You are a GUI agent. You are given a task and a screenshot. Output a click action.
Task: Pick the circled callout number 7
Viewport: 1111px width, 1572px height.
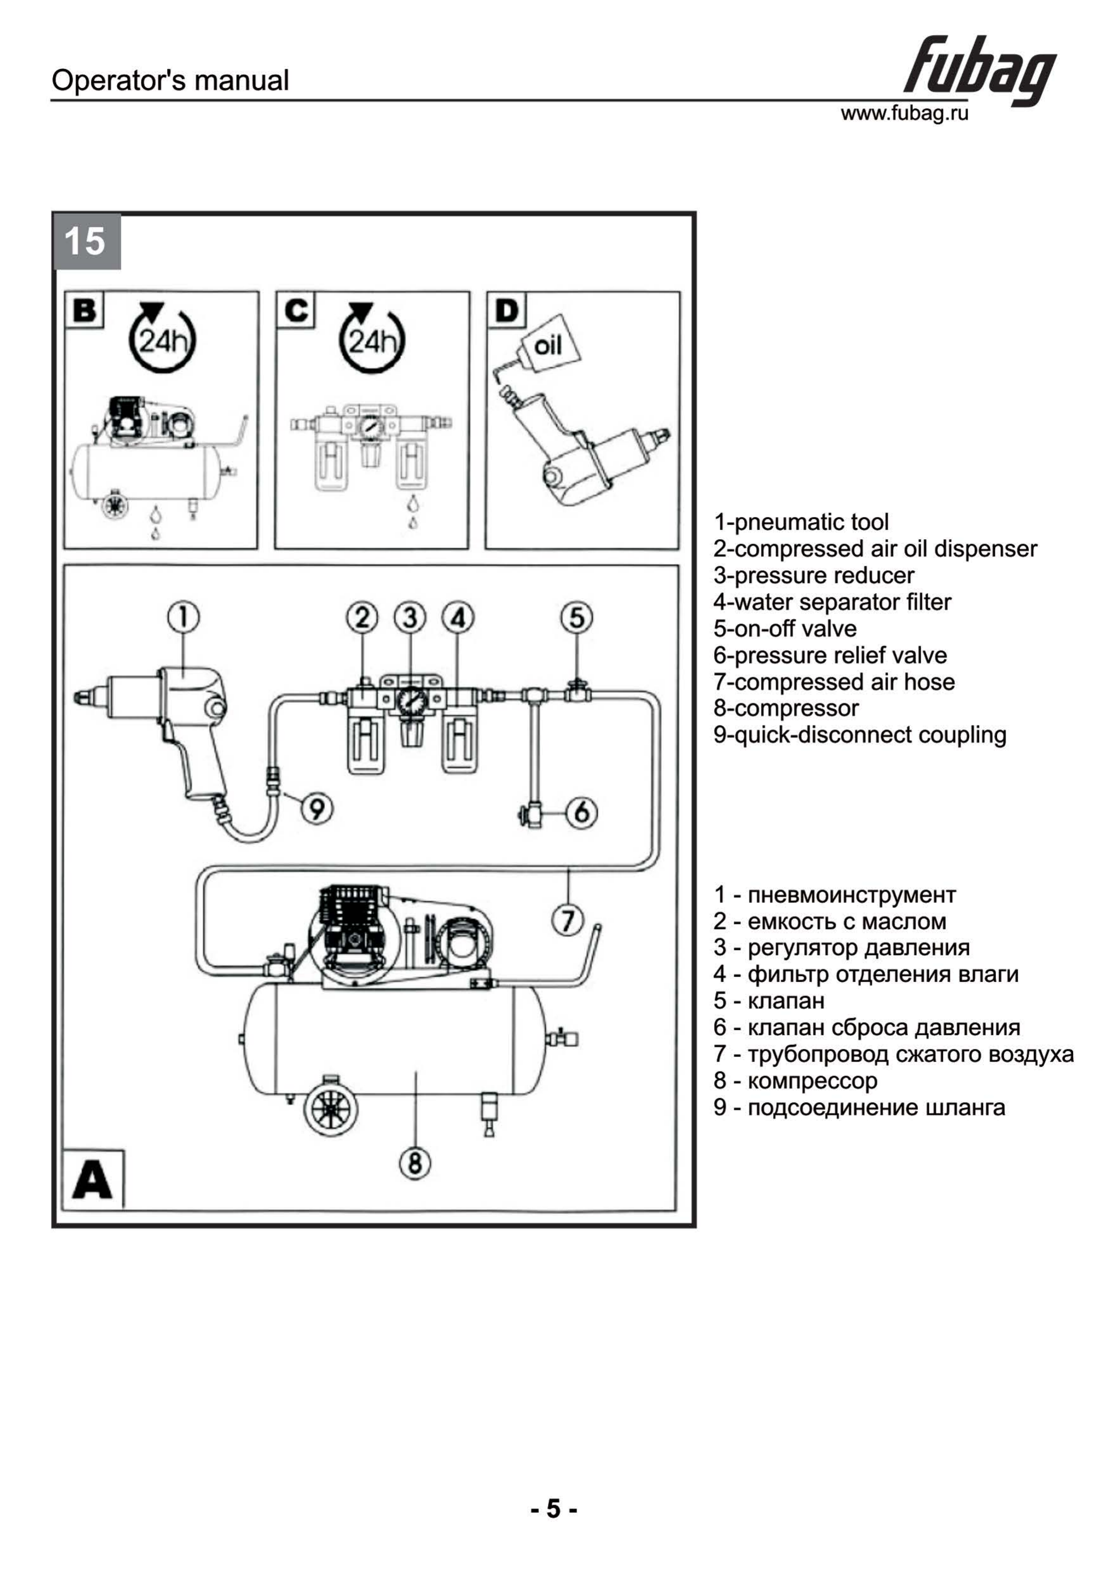coord(568,919)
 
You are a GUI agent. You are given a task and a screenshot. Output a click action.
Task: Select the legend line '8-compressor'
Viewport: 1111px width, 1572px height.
coord(786,708)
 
